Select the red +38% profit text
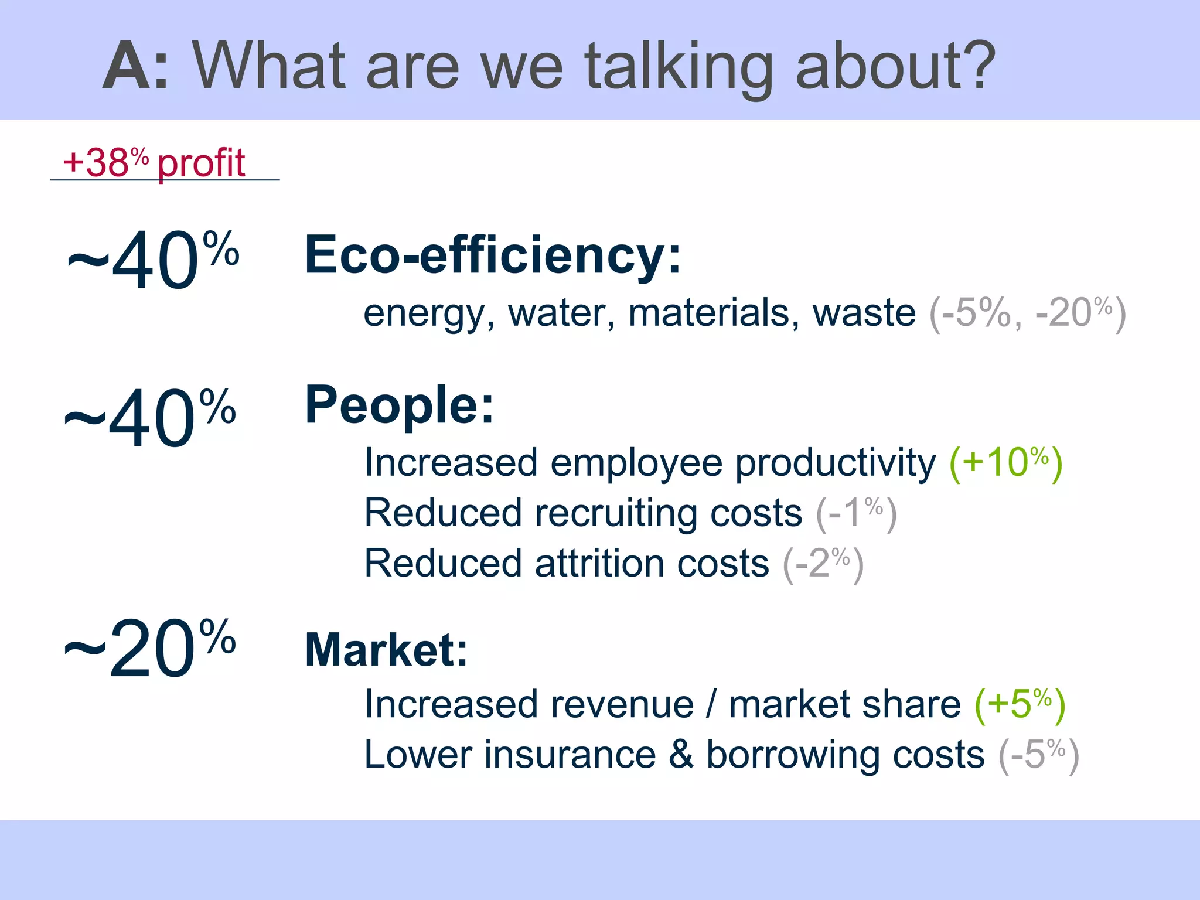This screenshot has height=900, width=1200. pos(154,163)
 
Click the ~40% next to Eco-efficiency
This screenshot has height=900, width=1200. pos(154,260)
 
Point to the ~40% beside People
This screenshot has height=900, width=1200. pos(150,418)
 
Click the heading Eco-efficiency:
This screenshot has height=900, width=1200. pos(492,255)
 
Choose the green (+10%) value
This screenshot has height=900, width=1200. pos(1005,463)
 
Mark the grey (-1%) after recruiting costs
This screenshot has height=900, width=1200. pos(856,513)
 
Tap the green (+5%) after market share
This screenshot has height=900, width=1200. pos(1020,704)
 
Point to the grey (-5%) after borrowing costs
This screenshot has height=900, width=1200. pos(1038,755)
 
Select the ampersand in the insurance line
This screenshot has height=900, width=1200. pos(681,755)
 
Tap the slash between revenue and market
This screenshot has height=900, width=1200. pos(711,704)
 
